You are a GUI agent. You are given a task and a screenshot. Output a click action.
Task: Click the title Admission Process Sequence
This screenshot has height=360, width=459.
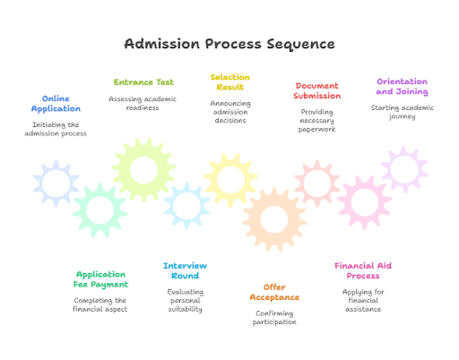click(x=229, y=44)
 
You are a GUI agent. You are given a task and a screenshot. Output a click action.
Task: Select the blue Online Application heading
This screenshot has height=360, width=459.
click(x=56, y=104)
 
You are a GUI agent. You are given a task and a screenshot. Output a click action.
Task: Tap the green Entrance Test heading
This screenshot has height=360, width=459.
click(x=143, y=82)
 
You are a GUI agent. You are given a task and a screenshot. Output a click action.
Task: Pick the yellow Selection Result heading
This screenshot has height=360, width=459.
click(x=230, y=82)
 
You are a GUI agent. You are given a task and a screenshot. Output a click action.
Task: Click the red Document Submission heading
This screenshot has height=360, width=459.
click(x=317, y=90)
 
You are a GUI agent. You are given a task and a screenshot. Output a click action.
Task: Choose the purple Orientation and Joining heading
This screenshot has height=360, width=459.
click(x=402, y=86)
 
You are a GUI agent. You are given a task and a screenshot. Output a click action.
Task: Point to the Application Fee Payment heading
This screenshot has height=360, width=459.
click(x=100, y=279)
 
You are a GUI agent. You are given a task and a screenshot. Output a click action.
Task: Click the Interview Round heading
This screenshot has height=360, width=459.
click(x=185, y=270)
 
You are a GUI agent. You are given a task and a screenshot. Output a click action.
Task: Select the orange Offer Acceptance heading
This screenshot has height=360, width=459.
click(x=274, y=292)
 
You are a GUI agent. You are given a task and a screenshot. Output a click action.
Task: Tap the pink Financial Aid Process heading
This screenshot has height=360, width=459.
click(x=363, y=270)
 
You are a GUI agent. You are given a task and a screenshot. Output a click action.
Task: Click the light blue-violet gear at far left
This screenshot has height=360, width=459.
click(x=56, y=184)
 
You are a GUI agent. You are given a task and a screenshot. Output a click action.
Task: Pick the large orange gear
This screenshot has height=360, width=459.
click(x=273, y=219)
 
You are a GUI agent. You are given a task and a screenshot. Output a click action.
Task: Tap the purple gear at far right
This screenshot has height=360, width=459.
click(x=404, y=169)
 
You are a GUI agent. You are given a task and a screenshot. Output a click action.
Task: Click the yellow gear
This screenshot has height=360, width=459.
click(x=231, y=178)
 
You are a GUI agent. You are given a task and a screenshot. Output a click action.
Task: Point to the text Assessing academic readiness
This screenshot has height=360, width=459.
click(x=143, y=103)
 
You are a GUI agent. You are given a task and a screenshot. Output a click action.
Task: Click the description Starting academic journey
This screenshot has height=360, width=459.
click(x=402, y=112)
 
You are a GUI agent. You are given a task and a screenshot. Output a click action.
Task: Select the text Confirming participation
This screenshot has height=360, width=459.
click(x=274, y=318)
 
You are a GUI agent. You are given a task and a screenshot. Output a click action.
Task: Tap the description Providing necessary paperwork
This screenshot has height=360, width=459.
click(x=317, y=120)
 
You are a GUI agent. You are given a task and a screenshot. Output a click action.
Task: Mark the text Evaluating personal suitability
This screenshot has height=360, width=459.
click(x=185, y=300)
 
